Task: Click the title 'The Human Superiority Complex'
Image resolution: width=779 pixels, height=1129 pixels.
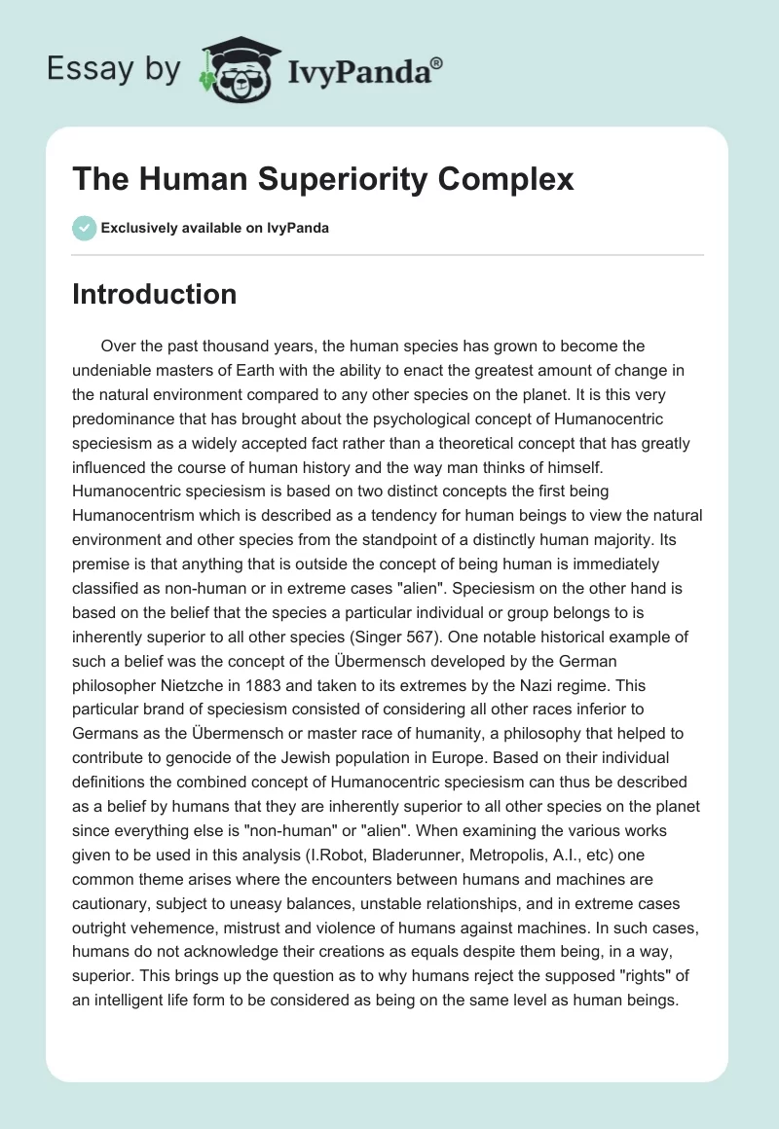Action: pyautogui.click(x=323, y=179)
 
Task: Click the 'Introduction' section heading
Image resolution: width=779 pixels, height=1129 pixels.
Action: pyautogui.click(x=154, y=294)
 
